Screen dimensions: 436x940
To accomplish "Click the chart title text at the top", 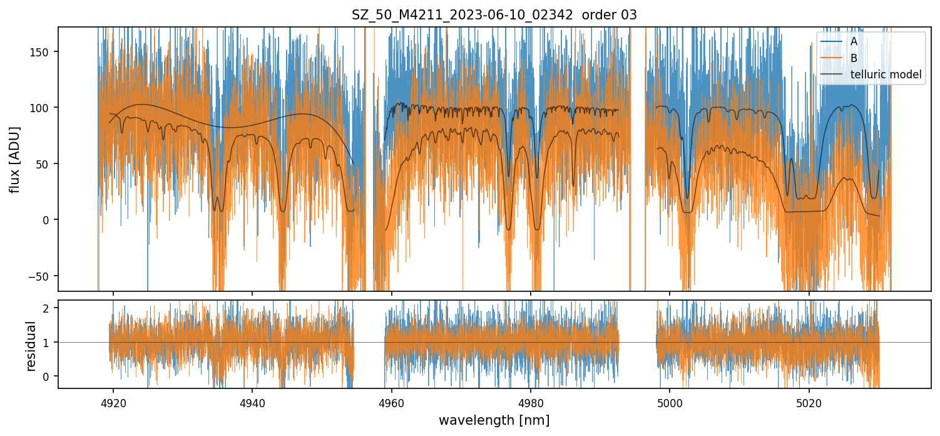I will (x=494, y=15).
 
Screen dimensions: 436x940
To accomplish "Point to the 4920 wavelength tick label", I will (x=113, y=403).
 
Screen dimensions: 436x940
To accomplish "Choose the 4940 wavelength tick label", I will (x=252, y=403).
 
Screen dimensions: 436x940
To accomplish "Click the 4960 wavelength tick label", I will (x=392, y=403).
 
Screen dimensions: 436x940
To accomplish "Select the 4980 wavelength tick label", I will (x=531, y=403).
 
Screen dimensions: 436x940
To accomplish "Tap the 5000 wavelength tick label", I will (x=670, y=403).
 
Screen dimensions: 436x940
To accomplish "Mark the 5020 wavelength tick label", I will (x=809, y=403).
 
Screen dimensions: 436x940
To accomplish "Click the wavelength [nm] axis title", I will (x=494, y=420).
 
